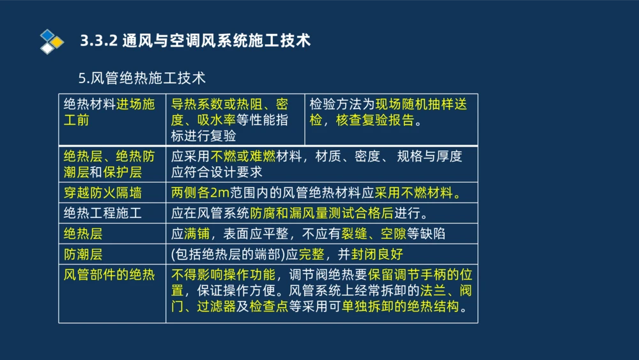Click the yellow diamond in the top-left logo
point(58,42)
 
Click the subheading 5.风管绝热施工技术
point(142,78)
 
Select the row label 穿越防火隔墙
point(102,192)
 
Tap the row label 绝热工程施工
point(102,213)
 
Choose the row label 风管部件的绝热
point(109,275)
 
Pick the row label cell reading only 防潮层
point(83,254)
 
